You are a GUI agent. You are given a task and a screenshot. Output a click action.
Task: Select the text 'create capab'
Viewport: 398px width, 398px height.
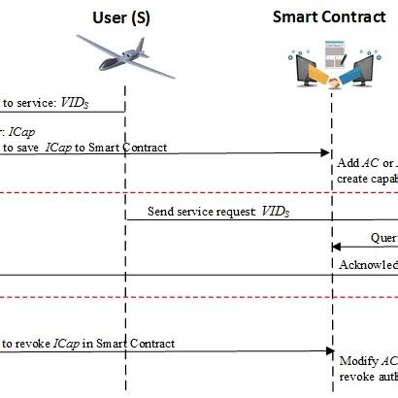367,179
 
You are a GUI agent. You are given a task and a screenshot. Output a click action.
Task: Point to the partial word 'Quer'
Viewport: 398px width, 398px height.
383,236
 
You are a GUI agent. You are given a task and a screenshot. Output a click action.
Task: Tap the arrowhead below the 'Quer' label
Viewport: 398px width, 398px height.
337,248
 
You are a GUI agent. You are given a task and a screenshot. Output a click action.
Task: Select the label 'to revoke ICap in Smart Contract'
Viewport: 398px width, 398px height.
88,344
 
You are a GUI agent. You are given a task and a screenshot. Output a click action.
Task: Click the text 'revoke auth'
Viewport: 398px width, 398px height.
368,375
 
